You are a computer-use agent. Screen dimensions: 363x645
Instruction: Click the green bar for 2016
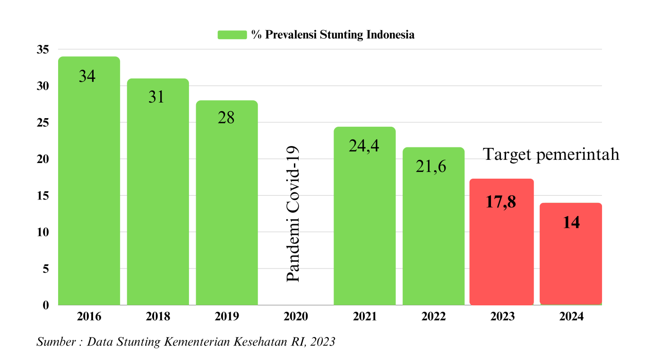click(x=89, y=189)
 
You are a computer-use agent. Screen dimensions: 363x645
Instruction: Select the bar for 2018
click(x=158, y=199)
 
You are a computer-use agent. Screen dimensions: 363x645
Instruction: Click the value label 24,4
click(x=364, y=146)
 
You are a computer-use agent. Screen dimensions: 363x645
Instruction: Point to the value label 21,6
click(x=431, y=166)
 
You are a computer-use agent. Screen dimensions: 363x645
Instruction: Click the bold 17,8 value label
click(x=501, y=202)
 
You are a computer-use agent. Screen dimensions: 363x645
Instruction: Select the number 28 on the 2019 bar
click(x=226, y=118)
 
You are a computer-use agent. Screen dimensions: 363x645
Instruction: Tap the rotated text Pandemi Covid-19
click(x=293, y=214)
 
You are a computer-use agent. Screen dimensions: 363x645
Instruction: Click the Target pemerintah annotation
click(x=551, y=155)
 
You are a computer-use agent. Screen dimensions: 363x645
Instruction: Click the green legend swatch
click(x=232, y=35)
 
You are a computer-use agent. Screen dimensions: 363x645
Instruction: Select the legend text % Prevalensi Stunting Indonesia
click(x=333, y=35)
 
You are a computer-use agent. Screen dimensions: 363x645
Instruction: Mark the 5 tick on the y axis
click(x=46, y=268)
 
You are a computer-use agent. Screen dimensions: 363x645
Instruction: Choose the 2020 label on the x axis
click(x=295, y=317)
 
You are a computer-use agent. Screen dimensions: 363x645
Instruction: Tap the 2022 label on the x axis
click(x=433, y=317)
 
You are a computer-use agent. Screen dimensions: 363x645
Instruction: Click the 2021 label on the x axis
click(x=364, y=317)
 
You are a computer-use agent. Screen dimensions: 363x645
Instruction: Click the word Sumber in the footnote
click(x=55, y=342)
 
